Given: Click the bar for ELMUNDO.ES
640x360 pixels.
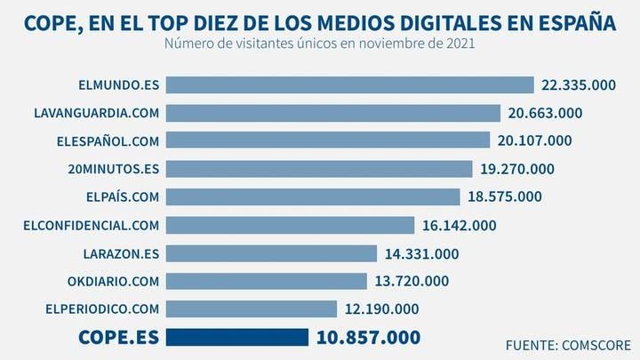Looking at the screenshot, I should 349,85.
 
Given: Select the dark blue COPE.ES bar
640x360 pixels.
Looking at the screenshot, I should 237,338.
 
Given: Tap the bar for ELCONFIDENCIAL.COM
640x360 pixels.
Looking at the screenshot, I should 290,226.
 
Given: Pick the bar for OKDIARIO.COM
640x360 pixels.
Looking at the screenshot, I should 266,281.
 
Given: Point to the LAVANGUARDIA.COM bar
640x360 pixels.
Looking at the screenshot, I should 333,113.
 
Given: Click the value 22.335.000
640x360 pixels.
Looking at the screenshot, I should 580,85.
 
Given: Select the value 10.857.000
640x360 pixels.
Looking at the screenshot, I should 367,338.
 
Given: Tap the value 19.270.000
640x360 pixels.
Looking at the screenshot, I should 516,169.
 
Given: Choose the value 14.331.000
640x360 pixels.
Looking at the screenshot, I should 421,253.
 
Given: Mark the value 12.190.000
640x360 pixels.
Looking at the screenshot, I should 380,309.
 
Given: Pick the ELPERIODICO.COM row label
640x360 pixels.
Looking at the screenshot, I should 101,309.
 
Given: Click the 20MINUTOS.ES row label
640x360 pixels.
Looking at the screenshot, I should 111,169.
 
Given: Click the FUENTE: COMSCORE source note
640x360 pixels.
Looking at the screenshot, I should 567,344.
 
